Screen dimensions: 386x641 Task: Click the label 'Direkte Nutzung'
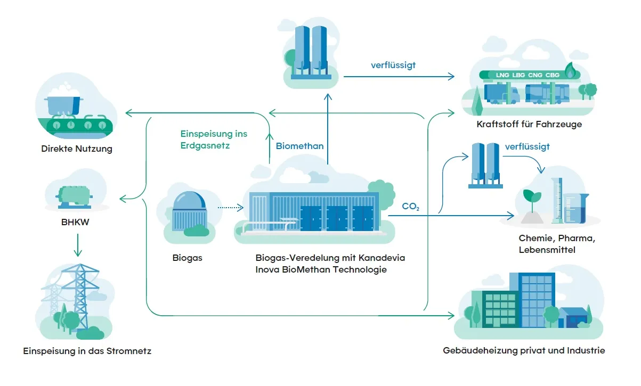point(77,149)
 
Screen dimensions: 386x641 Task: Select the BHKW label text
point(76,221)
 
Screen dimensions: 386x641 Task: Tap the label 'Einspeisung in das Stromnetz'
point(87,351)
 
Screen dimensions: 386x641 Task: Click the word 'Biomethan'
point(299,146)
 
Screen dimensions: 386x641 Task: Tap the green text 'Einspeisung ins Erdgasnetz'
point(213,139)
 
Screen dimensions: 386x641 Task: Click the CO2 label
point(410,207)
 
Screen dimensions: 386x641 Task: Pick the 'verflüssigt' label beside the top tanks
point(393,65)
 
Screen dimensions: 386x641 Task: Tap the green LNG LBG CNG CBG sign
point(528,75)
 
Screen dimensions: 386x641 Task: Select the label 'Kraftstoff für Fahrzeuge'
point(529,125)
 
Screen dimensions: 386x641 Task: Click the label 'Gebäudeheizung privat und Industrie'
point(524,350)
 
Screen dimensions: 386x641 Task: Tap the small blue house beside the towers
point(573,317)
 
